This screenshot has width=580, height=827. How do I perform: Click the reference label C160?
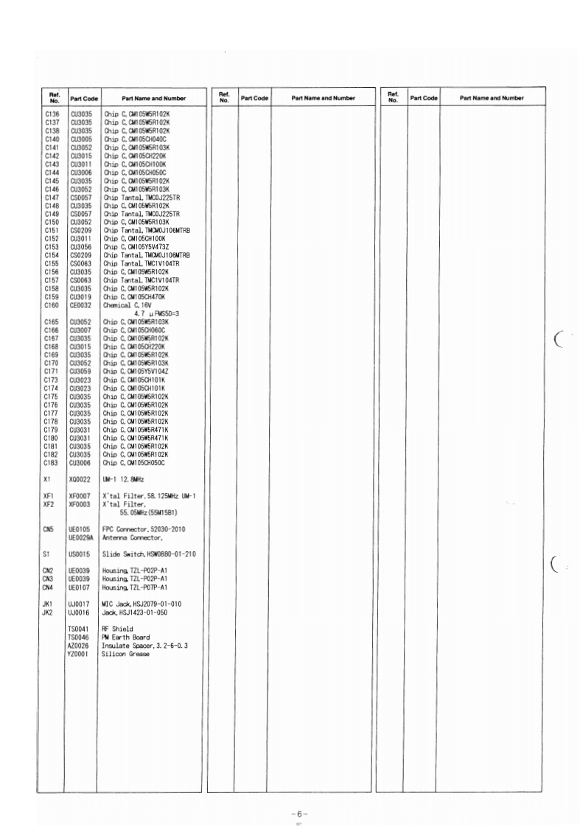[x=51, y=304]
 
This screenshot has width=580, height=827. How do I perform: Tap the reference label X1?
[x=46, y=479]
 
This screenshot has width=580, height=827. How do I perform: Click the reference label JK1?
[x=48, y=604]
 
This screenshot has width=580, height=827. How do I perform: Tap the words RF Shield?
[x=117, y=629]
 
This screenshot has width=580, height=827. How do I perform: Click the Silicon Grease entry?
[x=125, y=654]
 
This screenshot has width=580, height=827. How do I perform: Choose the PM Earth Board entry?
[x=126, y=638]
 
